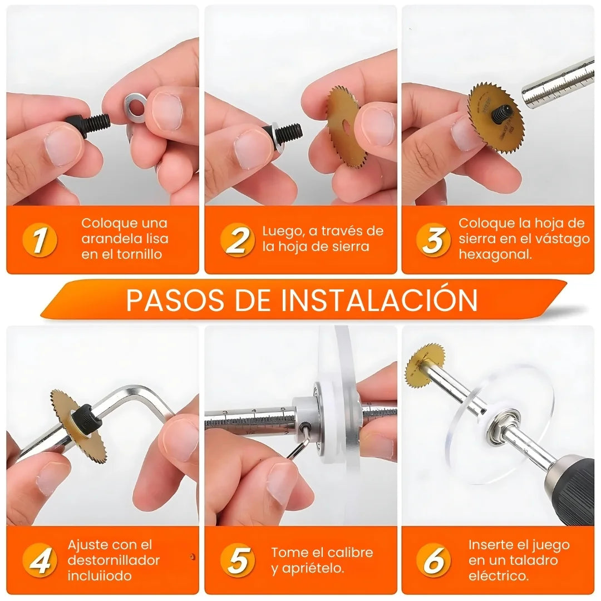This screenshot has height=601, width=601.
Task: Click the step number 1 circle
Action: pyautogui.click(x=40, y=240)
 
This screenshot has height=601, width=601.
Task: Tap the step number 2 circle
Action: pyautogui.click(x=237, y=240)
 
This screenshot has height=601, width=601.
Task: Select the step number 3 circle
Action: pyautogui.click(x=433, y=240)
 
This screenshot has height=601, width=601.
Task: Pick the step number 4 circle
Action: pyautogui.click(x=40, y=561)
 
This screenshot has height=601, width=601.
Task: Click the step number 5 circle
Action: pyautogui.click(x=237, y=561)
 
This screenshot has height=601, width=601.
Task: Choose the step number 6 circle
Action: pyautogui.click(x=433, y=561)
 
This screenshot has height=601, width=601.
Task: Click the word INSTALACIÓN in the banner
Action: pyautogui.click(x=378, y=300)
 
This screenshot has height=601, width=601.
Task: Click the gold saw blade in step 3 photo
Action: pyautogui.click(x=495, y=110)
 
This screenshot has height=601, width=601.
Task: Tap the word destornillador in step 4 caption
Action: pyautogui.click(x=114, y=560)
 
